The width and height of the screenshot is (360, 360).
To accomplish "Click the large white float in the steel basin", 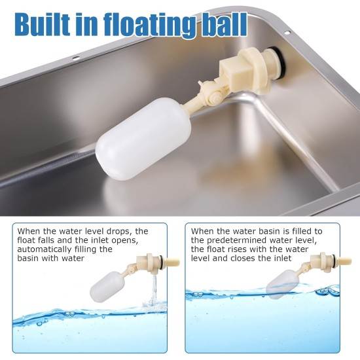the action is point(143,139).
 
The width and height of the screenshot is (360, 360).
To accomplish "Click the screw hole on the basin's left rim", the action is point(76,58).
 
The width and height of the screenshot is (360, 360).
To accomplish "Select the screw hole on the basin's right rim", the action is point(287,33).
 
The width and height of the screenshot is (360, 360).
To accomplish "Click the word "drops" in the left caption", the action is point(119,231).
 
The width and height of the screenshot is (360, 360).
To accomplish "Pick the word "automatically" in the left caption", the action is point(45,249).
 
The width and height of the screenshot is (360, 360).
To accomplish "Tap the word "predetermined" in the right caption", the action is point(237,240).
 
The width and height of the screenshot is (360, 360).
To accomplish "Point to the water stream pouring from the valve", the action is point(154,290).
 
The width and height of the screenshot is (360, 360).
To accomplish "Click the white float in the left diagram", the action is point(107,287).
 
